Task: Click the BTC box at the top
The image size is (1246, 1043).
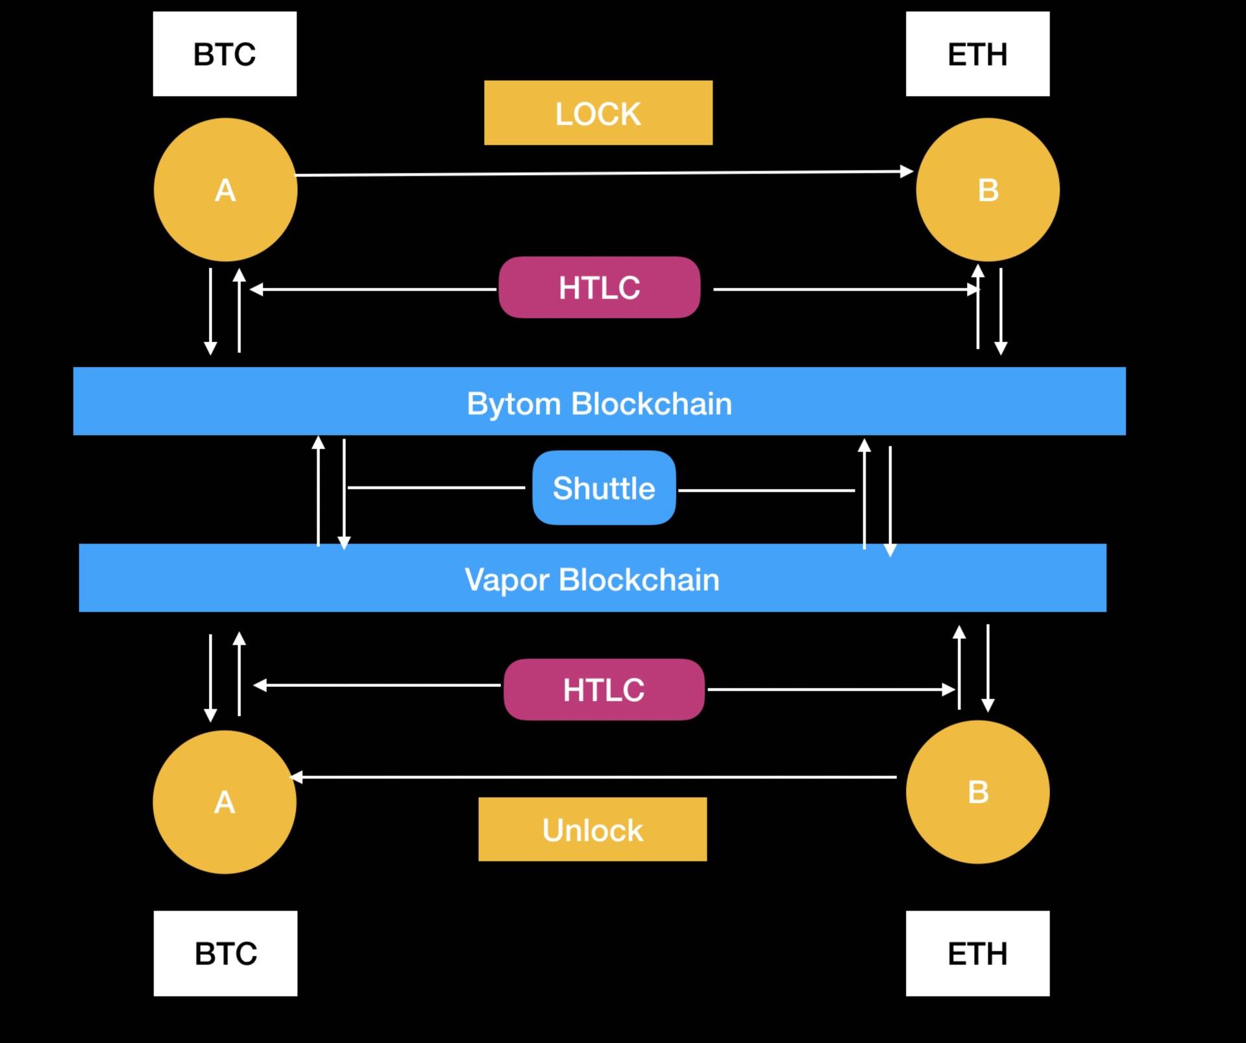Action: (x=225, y=54)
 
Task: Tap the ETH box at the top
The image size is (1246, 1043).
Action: (x=977, y=54)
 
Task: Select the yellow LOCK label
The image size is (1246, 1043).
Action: (x=598, y=113)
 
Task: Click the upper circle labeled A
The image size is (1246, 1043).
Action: (x=225, y=189)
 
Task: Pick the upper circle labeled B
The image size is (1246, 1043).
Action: (x=988, y=189)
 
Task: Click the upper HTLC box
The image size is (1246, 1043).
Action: (x=600, y=287)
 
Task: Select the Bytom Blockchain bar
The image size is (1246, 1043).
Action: (x=600, y=401)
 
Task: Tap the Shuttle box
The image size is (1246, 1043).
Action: (x=604, y=488)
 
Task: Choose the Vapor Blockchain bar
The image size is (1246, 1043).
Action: (x=592, y=578)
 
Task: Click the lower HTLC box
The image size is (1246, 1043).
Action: (x=604, y=689)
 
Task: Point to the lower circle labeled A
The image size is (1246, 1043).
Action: (x=225, y=802)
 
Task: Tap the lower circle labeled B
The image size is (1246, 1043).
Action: (x=977, y=792)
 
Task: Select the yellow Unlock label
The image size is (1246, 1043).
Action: (x=592, y=830)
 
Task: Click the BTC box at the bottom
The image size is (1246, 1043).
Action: (x=225, y=953)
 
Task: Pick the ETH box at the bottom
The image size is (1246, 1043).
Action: (x=977, y=953)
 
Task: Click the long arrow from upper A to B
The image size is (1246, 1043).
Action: (x=604, y=173)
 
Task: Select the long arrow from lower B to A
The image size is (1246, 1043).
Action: (x=593, y=777)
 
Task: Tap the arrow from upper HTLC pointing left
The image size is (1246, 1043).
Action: (x=373, y=289)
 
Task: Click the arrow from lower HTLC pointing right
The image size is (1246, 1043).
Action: (x=831, y=689)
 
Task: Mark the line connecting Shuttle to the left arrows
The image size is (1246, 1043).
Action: (x=436, y=488)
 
